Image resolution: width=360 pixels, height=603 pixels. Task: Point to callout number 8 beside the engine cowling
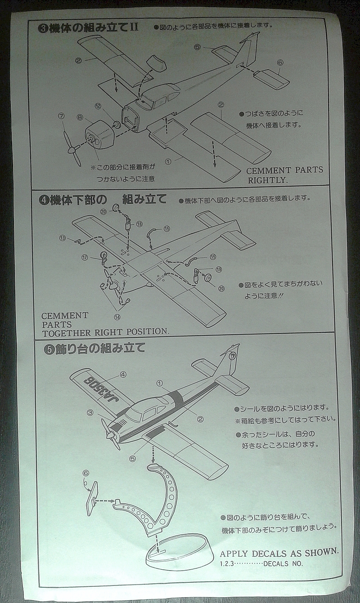(x=80, y=117)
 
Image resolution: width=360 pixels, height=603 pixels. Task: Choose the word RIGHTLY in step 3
(x=267, y=180)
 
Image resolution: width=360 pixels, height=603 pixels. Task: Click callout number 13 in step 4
(x=63, y=237)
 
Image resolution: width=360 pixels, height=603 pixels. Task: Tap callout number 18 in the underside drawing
(x=139, y=224)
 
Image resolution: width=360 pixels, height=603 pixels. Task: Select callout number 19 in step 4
(x=219, y=270)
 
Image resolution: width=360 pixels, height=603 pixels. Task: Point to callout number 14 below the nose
(x=117, y=316)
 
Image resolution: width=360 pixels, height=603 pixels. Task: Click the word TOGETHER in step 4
(x=69, y=332)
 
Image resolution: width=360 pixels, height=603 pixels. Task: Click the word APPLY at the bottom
(x=234, y=553)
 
